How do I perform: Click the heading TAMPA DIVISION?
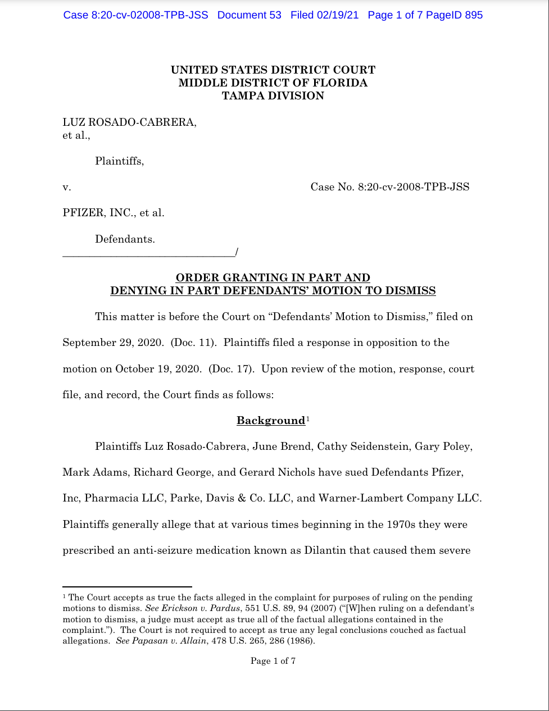pyautogui.click(x=273, y=95)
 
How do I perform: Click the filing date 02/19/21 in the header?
pyautogui.click(x=337, y=15)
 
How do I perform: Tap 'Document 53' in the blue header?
pyautogui.click(x=249, y=15)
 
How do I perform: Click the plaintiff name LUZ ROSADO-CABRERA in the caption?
pyautogui.click(x=129, y=122)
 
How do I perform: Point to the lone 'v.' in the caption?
pyautogui.click(x=66, y=187)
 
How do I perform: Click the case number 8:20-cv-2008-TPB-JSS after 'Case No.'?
pyautogui.click(x=413, y=187)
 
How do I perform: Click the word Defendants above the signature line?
pyautogui.click(x=125, y=239)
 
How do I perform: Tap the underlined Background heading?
pyautogui.click(x=270, y=421)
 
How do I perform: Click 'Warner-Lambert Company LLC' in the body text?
pyautogui.click(x=399, y=498)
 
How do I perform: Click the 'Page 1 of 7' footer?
pyautogui.click(x=273, y=661)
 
